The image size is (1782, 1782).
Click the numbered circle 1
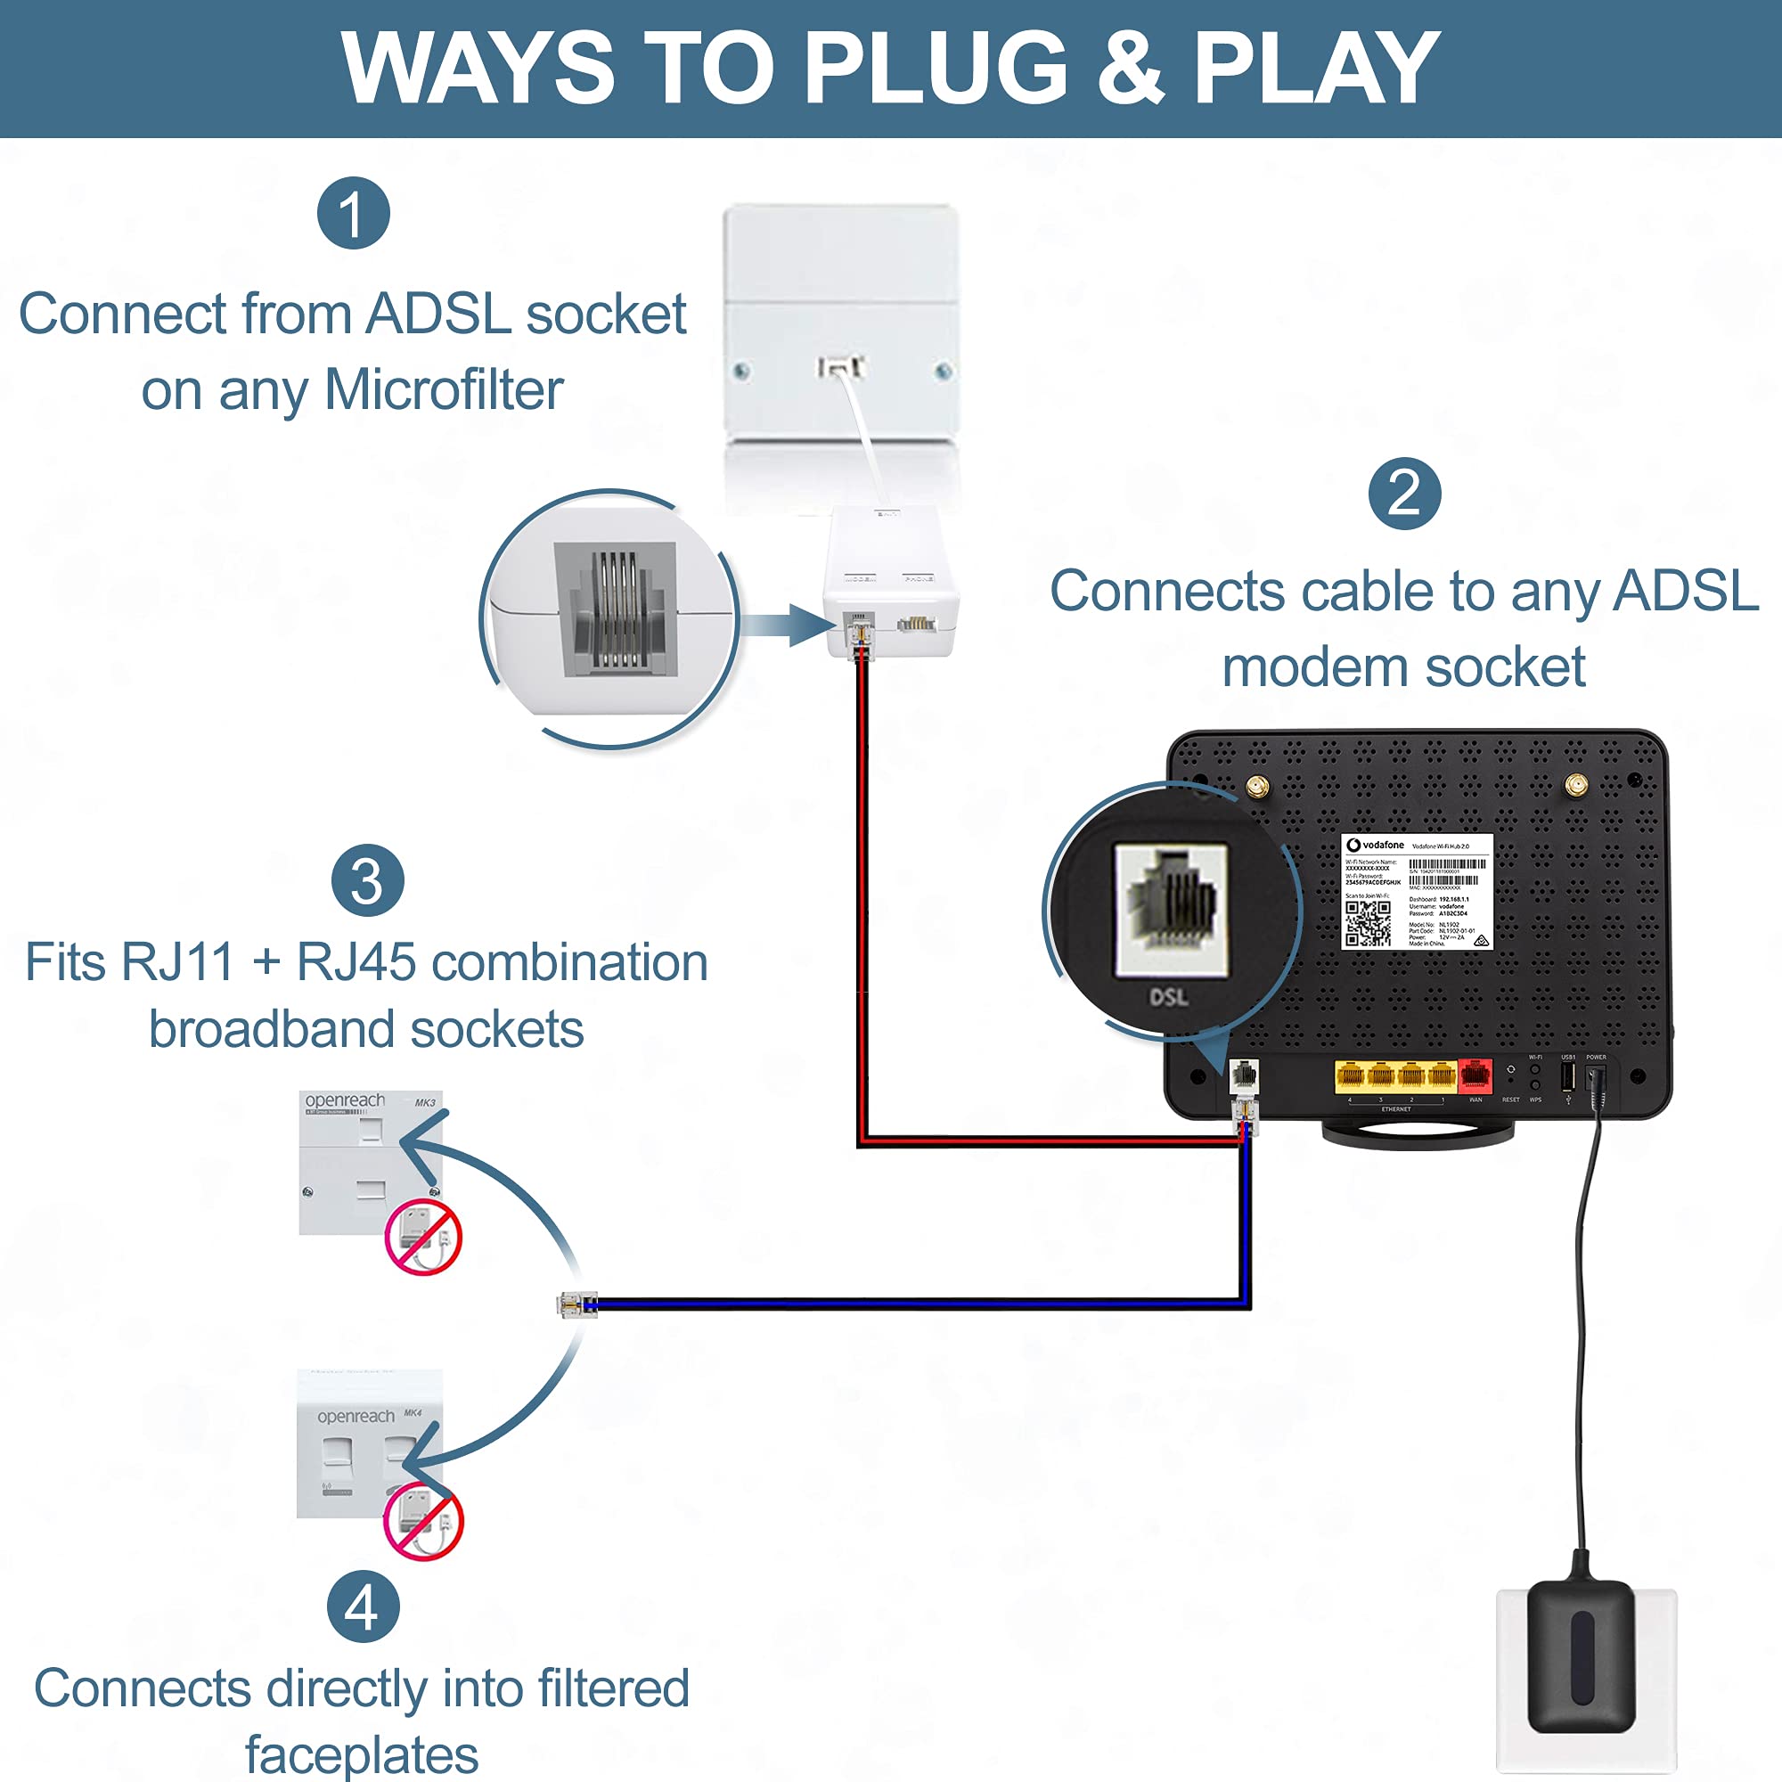[353, 213]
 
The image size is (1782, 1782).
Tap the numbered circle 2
[1404, 494]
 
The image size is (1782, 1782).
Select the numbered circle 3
[367, 881]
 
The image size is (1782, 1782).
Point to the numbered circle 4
[364, 1606]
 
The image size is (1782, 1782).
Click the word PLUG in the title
[936, 69]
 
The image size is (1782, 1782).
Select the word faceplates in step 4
[362, 1754]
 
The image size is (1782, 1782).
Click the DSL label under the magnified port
[1168, 997]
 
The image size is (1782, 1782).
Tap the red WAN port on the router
[1475, 1075]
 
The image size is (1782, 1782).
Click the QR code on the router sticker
[1367, 923]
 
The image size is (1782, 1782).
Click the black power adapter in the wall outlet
[1581, 1655]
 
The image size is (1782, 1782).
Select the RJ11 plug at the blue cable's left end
[576, 1304]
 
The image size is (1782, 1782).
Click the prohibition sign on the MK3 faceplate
[422, 1237]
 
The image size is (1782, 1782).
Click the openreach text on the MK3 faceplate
[345, 1100]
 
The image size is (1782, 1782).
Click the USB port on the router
[1567, 1075]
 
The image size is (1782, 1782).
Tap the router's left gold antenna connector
[1256, 787]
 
